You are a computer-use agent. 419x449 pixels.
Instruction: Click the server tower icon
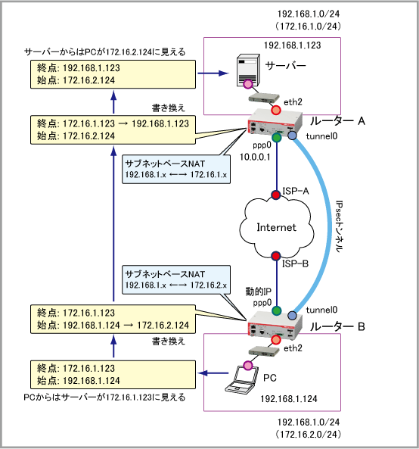coord(248,70)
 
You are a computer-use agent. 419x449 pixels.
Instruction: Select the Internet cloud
coord(276,227)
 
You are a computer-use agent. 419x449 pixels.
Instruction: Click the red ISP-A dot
coord(276,195)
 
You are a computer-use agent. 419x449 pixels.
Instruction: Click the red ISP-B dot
coord(276,256)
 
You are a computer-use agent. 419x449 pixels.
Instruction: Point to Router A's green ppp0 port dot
coord(277,138)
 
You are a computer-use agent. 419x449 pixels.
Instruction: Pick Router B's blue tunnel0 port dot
coord(292,316)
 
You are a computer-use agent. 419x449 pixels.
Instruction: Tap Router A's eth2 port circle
coord(276,110)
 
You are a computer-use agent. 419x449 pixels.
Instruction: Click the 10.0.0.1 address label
coord(255,157)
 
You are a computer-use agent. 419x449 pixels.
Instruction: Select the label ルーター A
coord(337,121)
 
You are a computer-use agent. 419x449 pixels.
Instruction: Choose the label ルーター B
coord(337,326)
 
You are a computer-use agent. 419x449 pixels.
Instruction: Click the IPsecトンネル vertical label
coord(339,226)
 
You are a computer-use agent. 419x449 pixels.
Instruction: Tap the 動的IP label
coord(258,292)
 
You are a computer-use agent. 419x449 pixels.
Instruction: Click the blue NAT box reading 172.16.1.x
coord(176,169)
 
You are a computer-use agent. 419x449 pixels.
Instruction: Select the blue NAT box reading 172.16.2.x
coord(176,279)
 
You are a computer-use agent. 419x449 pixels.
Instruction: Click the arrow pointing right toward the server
coord(213,73)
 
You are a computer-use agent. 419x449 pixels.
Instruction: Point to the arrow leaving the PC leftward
coord(213,373)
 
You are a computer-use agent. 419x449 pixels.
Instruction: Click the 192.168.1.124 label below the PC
coord(289,398)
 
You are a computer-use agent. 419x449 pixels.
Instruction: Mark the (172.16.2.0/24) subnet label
coord(309,434)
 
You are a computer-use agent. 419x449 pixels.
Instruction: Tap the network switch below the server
coord(263,98)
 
